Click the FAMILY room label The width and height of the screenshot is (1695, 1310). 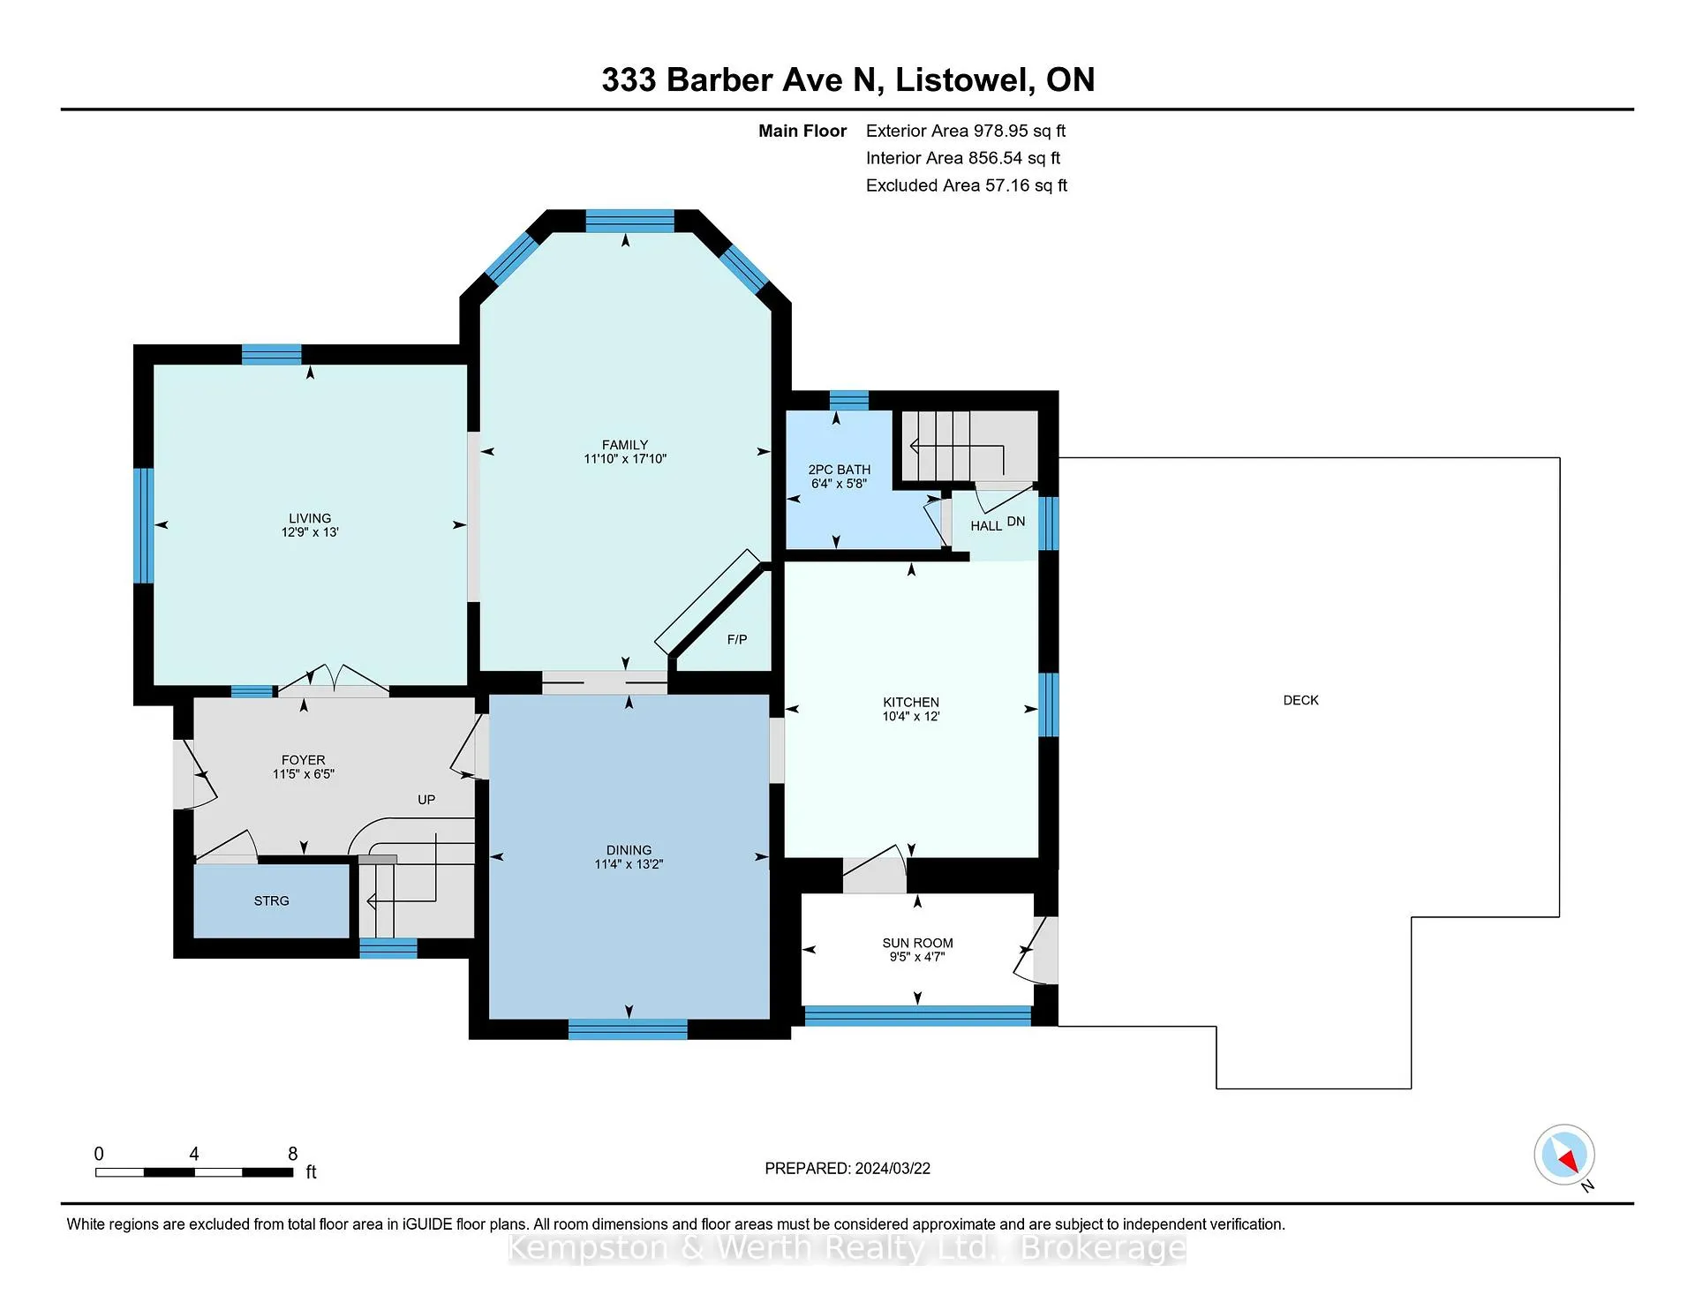click(625, 445)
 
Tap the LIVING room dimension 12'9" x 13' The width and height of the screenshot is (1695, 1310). click(310, 532)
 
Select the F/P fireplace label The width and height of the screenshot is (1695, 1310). click(737, 639)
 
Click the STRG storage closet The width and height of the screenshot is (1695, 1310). click(271, 900)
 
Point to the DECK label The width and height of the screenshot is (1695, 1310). click(1300, 700)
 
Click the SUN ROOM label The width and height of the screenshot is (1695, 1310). click(917, 943)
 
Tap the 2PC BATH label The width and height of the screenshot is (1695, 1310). click(840, 470)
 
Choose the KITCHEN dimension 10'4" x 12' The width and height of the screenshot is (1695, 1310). click(911, 716)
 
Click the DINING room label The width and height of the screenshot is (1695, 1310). click(629, 850)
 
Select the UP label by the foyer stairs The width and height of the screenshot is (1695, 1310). click(426, 800)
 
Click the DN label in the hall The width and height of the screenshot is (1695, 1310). click(1016, 521)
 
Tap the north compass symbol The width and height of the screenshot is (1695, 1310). click(1564, 1155)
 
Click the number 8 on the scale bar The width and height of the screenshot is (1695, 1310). click(293, 1154)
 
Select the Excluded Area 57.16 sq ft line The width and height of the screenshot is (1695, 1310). click(967, 185)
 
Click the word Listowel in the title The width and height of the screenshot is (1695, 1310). click(964, 79)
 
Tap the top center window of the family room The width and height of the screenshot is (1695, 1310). click(629, 221)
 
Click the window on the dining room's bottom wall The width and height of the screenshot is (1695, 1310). click(628, 1028)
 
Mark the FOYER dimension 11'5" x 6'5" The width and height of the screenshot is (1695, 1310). click(304, 774)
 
